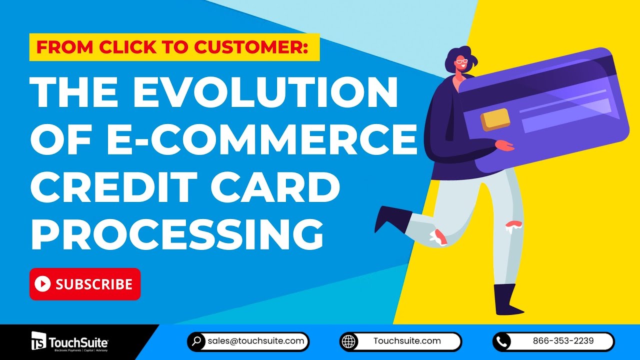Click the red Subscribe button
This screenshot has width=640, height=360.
click(x=85, y=284)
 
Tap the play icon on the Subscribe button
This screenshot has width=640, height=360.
click(x=43, y=284)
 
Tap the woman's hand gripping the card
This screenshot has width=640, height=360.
click(x=504, y=145)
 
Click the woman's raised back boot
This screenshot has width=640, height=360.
click(x=392, y=218)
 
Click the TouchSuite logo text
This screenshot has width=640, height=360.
click(x=78, y=342)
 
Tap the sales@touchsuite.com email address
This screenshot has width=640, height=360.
click(x=256, y=341)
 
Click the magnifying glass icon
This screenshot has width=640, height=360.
click(x=197, y=342)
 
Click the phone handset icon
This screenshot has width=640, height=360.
click(x=502, y=342)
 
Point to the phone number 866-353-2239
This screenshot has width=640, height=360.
click(x=563, y=341)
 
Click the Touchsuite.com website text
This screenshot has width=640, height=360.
click(x=407, y=341)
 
